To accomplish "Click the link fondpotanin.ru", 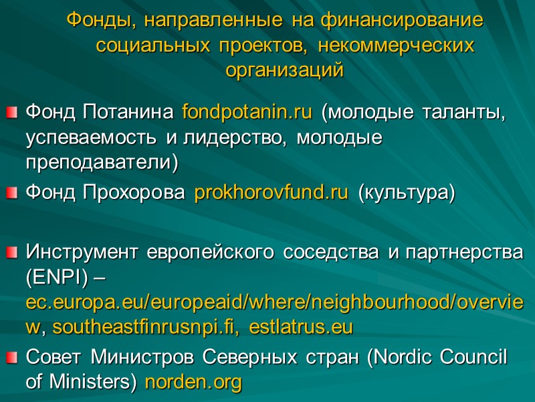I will [247, 112].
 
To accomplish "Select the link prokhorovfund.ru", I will [271, 194].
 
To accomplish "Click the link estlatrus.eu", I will [300, 328].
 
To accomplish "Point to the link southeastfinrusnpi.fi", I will [148, 328].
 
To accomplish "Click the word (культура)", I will [406, 194].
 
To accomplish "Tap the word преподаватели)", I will [102, 161].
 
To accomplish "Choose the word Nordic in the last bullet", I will [411, 358].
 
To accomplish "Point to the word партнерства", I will [469, 253].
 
